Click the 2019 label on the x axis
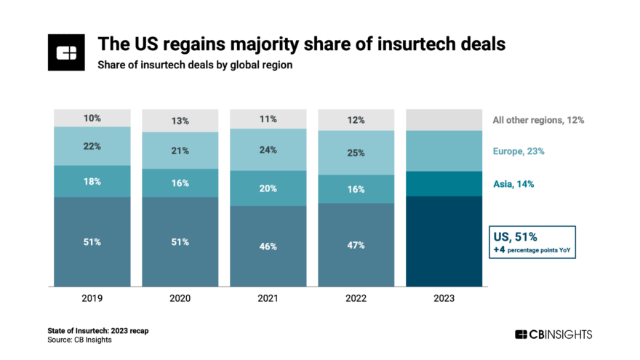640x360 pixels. pyautogui.click(x=92, y=297)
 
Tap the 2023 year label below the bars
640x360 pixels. pyautogui.click(x=444, y=297)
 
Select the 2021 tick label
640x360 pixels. pyautogui.click(x=268, y=297)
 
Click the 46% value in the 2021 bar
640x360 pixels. pyautogui.click(x=268, y=247)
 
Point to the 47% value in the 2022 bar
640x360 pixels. pyautogui.click(x=356, y=246)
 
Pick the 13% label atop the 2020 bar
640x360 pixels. pyautogui.click(x=180, y=121)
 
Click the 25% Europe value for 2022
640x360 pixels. pyautogui.click(x=356, y=153)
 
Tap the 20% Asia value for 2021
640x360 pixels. pyautogui.click(x=268, y=188)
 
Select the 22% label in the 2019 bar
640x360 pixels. pyautogui.click(x=92, y=146)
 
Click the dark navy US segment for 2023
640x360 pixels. pyautogui.click(x=444, y=241)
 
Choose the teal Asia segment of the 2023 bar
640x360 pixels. pyautogui.click(x=444, y=184)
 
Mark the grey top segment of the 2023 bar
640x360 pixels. pyautogui.click(x=444, y=120)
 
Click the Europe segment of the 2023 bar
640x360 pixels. pyautogui.click(x=444, y=151)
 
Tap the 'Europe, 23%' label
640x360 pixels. pyautogui.click(x=519, y=151)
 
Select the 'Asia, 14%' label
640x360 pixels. pyautogui.click(x=513, y=184)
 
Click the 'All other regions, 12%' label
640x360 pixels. pyautogui.click(x=538, y=120)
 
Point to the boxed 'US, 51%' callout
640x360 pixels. pyautogui.click(x=534, y=242)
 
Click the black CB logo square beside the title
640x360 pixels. pyautogui.click(x=66, y=52)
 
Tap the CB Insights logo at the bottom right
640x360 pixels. pyautogui.click(x=553, y=335)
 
